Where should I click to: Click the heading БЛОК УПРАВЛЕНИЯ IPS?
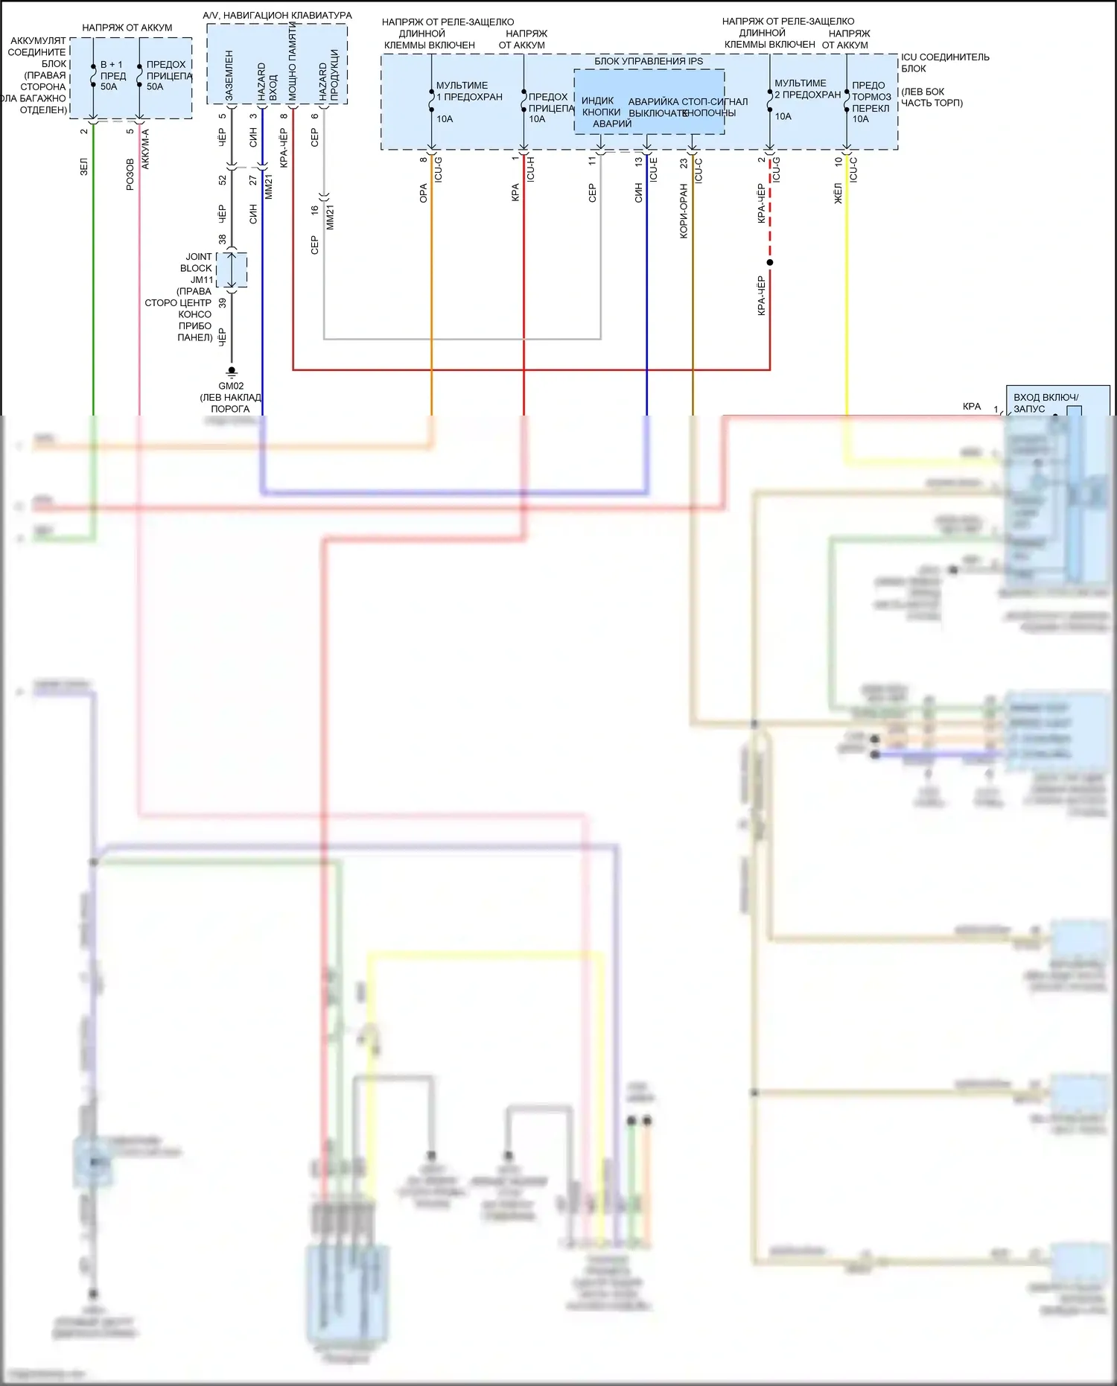648,61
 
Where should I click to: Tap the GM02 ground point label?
231,386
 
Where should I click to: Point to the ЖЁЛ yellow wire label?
838,194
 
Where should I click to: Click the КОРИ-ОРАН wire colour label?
684,211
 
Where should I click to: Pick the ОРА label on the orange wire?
423,194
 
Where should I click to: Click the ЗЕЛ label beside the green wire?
84,166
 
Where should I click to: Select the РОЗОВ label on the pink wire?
130,174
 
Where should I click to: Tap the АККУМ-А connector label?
145,150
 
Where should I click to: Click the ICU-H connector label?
531,170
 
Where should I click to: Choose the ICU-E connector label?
653,170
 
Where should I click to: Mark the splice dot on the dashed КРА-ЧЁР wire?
770,262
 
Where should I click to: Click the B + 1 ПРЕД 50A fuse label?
112,75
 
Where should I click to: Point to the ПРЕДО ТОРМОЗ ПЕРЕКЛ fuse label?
871,97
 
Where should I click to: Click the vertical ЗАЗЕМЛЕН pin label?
229,76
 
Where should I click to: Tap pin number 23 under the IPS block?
684,162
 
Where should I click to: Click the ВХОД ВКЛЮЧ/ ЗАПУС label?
1046,403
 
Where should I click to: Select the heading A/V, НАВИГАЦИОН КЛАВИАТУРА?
277,15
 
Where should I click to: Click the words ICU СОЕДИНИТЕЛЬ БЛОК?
944,63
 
